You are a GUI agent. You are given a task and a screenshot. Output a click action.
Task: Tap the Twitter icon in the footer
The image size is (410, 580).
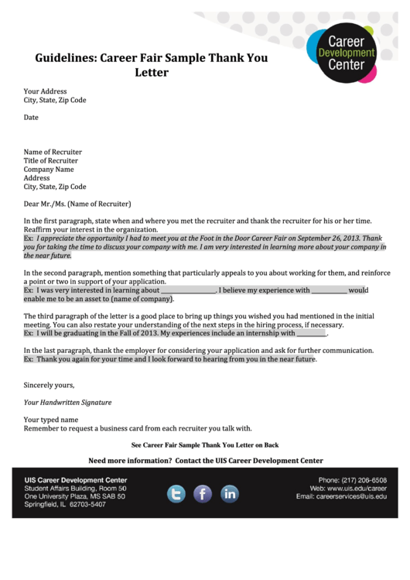(176, 493)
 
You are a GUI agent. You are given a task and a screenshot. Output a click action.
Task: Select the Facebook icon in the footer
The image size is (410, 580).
(203, 493)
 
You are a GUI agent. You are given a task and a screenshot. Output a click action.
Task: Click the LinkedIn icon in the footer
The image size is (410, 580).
(230, 493)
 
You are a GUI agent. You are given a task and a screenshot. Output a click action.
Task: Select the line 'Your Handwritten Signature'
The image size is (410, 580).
(67, 403)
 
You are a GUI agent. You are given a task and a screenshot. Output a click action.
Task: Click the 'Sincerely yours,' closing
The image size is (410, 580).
(49, 385)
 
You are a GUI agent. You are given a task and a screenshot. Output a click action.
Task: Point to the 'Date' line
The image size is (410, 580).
(31, 118)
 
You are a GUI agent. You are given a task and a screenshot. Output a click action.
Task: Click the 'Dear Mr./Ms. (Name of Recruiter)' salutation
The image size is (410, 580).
(77, 204)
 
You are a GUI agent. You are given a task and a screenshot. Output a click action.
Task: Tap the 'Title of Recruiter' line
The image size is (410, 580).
(51, 161)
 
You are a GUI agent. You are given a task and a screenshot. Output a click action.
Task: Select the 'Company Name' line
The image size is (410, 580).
(49, 170)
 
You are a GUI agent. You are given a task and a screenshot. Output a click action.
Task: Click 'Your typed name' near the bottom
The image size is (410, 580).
(51, 420)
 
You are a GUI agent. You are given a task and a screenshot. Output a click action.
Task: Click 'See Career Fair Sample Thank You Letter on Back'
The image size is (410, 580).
(205, 445)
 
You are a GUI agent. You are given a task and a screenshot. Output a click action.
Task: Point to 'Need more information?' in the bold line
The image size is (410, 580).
(130, 461)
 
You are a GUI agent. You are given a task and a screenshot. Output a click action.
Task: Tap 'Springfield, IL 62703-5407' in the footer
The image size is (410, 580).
(64, 504)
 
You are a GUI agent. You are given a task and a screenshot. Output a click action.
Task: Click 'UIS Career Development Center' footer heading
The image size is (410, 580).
(75, 480)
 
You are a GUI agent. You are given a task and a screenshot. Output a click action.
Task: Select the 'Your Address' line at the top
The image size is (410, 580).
(45, 91)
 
